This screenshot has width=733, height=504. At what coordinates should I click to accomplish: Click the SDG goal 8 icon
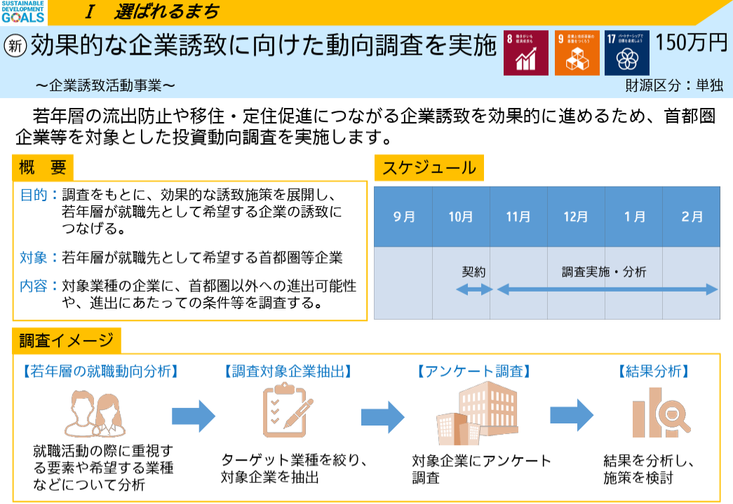click(526, 53)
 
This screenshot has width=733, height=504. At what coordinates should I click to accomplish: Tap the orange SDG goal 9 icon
click(577, 53)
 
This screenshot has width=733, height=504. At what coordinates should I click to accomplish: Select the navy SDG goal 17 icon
click(627, 53)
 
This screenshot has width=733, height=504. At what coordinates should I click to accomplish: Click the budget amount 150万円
click(692, 43)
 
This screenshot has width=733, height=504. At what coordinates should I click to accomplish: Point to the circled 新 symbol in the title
click(15, 46)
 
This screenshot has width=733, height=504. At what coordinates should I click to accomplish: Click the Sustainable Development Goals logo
click(23, 12)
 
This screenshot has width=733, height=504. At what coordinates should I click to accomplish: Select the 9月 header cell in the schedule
click(403, 217)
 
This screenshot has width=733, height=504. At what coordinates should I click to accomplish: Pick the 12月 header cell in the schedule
click(576, 217)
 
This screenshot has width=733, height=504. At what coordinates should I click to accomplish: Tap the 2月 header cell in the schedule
click(692, 217)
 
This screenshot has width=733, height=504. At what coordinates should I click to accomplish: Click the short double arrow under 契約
click(475, 289)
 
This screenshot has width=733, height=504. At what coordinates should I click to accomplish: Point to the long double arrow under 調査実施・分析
click(607, 289)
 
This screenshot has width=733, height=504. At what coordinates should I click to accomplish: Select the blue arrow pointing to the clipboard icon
click(194, 416)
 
